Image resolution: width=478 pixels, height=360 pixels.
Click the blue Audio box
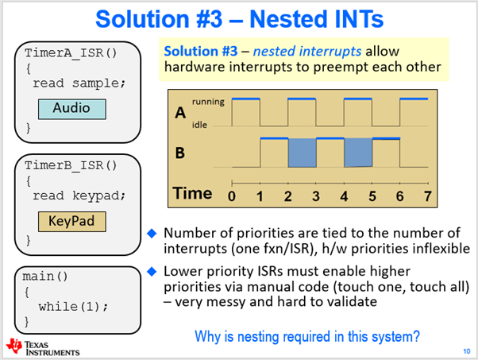(71, 108)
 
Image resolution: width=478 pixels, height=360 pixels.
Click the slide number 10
(464, 350)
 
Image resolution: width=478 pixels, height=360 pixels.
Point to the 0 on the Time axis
(232, 195)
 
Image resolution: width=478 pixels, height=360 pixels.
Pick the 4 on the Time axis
(345, 195)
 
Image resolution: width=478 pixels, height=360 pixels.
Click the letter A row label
(181, 114)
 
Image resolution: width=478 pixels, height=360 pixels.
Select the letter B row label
(181, 151)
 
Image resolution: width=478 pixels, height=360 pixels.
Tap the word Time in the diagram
(194, 193)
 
